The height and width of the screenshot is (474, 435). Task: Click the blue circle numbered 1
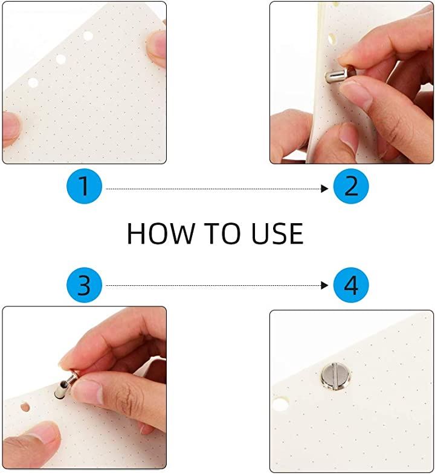[84, 186]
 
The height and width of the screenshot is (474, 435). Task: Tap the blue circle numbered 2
[351, 186]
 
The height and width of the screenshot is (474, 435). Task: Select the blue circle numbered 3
[84, 285]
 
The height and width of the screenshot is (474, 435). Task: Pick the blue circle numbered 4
[351, 285]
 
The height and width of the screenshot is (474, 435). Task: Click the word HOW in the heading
[160, 233]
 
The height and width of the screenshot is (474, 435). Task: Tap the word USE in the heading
[277, 233]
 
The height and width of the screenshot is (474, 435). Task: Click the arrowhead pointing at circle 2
[324, 189]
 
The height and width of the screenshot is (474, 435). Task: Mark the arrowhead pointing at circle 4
[324, 285]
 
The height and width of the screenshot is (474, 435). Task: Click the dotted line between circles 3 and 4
[213, 285]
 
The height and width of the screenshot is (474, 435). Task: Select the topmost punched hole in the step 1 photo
[88, 36]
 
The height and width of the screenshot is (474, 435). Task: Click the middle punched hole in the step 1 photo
[60, 59]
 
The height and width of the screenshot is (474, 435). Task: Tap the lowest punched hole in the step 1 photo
[33, 83]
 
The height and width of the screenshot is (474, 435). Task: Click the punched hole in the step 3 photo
[25, 406]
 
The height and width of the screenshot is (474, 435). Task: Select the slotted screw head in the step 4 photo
[336, 376]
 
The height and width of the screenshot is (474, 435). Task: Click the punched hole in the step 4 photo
[280, 403]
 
